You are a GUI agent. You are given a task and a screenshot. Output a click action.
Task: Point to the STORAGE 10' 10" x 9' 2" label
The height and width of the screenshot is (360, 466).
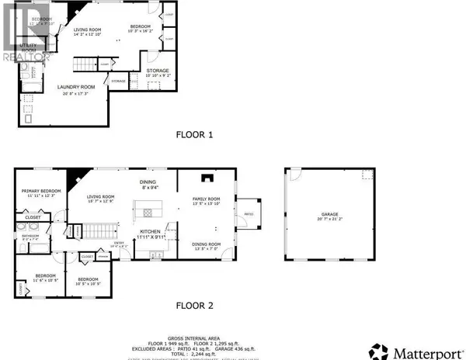(158, 73)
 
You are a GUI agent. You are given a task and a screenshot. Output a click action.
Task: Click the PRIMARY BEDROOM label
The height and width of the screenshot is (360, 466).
(40, 192)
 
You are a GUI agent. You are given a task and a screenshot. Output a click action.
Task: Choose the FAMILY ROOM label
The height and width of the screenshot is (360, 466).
(207, 201)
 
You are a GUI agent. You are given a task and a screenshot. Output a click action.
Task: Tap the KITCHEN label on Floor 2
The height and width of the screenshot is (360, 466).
(150, 232)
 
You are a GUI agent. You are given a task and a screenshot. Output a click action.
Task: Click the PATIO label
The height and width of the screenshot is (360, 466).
(249, 214)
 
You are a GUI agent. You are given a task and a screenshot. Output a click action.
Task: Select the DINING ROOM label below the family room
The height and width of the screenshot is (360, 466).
(207, 246)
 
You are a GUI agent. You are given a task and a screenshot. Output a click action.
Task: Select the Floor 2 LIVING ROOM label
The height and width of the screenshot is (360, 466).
(99, 199)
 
